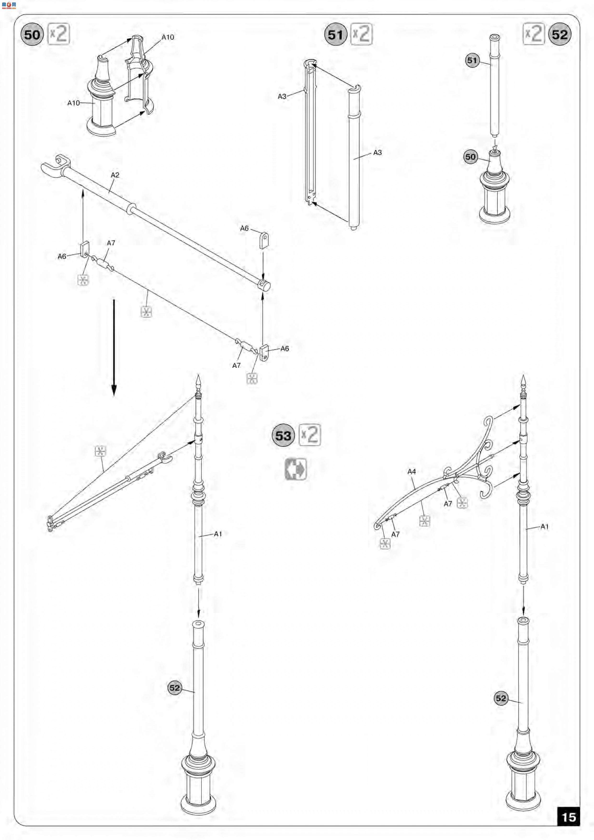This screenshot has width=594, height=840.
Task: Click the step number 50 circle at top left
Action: coord(32,35)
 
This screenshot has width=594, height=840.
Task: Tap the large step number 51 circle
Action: coord(335,35)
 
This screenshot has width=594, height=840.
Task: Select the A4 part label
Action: coord(412,471)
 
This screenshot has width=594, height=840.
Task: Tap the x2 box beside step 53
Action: coord(310,435)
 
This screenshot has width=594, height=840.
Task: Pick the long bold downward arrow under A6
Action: coord(114,347)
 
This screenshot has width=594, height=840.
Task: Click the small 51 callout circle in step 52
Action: coord(472,60)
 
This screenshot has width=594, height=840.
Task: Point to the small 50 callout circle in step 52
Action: coord(471,157)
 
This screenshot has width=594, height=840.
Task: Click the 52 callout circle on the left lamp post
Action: coord(175,688)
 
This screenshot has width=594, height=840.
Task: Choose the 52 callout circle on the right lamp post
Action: coord(501,698)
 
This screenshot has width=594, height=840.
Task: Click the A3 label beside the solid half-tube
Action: coord(377,153)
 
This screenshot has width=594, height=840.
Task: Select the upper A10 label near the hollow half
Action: coord(168,37)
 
